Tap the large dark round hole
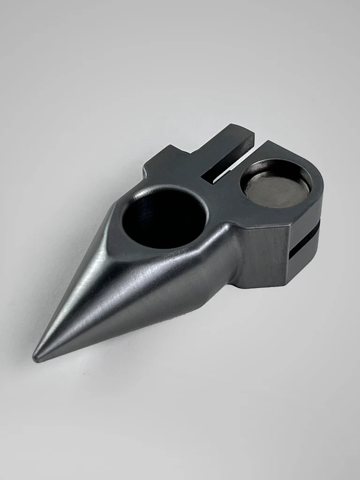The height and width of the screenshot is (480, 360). click(x=164, y=218)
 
